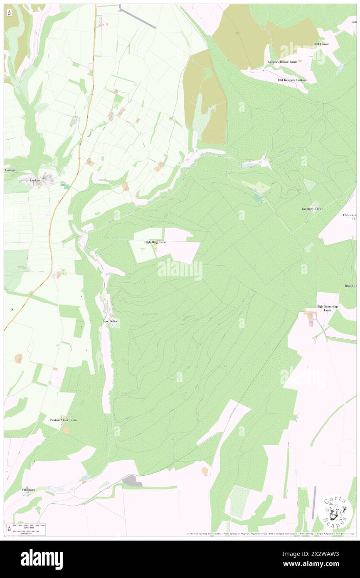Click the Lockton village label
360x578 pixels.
click(x=36, y=181)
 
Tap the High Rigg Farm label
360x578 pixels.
click(x=155, y=242)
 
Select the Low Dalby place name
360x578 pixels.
click(x=111, y=321)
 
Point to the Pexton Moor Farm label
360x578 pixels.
click(x=63, y=420)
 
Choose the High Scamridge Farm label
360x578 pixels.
click(x=327, y=308)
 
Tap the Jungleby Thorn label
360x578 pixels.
click(x=313, y=209)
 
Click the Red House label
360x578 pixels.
click(x=321, y=44)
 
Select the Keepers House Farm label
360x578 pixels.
click(x=284, y=62)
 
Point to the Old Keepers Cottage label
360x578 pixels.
click(x=292, y=80)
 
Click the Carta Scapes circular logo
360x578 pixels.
click(x=335, y=511)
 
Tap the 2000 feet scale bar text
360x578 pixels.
click(x=28, y=526)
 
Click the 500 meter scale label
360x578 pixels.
click(x=28, y=533)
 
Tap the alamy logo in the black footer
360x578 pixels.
click(x=42, y=559)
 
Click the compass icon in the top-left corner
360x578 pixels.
click(x=9, y=13)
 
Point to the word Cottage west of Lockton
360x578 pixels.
click(x=10, y=170)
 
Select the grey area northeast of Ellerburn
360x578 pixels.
click(x=132, y=481)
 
